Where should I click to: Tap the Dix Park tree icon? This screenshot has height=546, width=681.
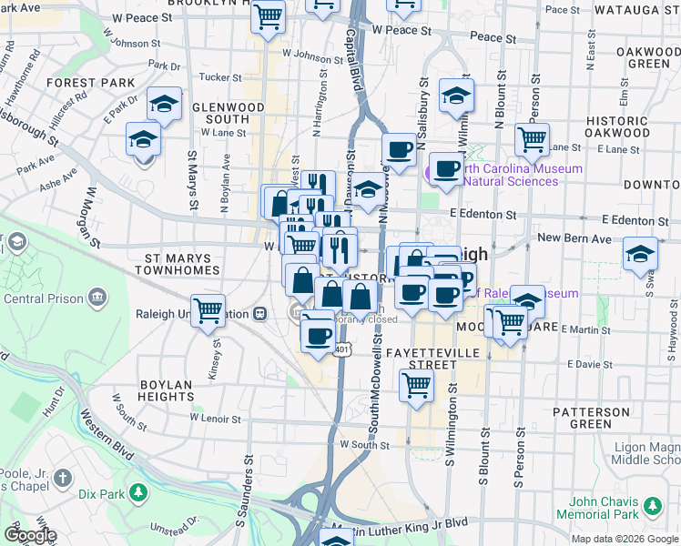[137, 493]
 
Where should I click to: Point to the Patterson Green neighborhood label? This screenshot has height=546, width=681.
[591, 418]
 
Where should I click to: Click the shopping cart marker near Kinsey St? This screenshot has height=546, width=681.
[208, 310]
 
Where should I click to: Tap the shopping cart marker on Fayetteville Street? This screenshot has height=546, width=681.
[416, 384]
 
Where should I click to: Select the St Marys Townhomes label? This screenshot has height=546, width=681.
[177, 264]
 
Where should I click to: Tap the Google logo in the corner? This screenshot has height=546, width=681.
[29, 534]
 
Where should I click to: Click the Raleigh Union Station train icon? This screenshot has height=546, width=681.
[260, 314]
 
